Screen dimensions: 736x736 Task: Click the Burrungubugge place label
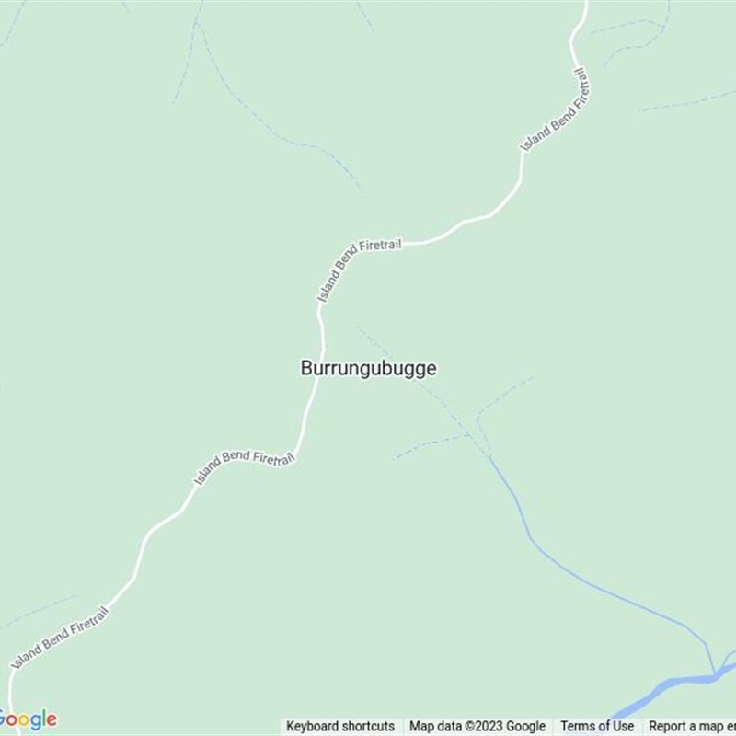click(368, 368)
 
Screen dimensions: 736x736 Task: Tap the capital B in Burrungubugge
click(306, 368)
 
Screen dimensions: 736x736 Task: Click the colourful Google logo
click(28, 719)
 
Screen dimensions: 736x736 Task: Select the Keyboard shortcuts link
click(340, 726)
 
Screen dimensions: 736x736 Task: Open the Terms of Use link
click(597, 726)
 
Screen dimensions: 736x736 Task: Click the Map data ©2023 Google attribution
click(477, 726)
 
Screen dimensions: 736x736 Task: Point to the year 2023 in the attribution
click(489, 726)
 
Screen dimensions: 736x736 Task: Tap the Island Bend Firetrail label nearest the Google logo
click(61, 637)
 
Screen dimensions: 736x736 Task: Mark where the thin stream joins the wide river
click(714, 674)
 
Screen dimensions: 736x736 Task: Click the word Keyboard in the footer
click(313, 726)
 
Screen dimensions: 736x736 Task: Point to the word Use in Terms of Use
click(623, 726)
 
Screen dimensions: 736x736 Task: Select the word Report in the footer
click(669, 726)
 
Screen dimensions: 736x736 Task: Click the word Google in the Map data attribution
click(525, 726)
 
